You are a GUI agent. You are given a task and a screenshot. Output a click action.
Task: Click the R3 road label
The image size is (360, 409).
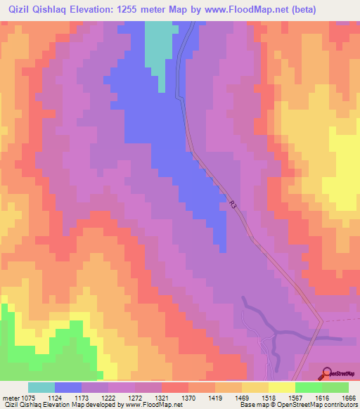233,205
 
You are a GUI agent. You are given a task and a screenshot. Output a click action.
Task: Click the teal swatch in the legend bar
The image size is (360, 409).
41,387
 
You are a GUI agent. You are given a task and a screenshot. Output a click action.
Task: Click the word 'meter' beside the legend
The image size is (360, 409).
11,397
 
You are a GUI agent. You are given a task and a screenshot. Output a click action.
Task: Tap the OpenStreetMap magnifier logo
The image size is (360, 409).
326,373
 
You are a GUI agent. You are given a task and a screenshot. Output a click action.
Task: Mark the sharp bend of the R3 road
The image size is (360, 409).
321,321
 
